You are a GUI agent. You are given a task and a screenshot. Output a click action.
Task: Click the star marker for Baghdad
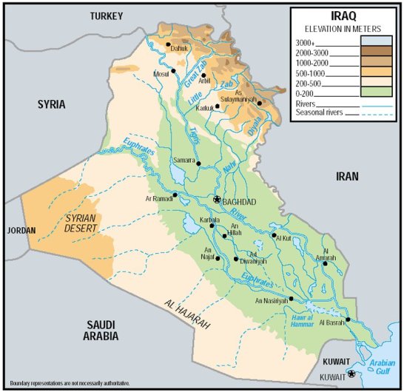(x=217, y=200)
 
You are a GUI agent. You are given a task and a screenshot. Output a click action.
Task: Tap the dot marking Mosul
(x=174, y=71)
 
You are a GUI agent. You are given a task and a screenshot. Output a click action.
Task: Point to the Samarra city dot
(x=198, y=162)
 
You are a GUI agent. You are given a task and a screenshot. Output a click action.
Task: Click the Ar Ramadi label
(x=158, y=199)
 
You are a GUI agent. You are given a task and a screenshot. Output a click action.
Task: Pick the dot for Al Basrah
(x=347, y=320)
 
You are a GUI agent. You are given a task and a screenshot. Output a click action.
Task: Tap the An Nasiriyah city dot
(x=292, y=299)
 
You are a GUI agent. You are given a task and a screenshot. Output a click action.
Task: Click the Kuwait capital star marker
(x=351, y=374)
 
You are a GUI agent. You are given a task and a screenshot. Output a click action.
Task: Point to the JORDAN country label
(x=21, y=231)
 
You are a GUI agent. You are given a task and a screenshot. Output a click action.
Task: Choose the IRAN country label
(x=346, y=176)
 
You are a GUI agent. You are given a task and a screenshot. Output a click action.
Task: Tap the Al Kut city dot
(x=275, y=234)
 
